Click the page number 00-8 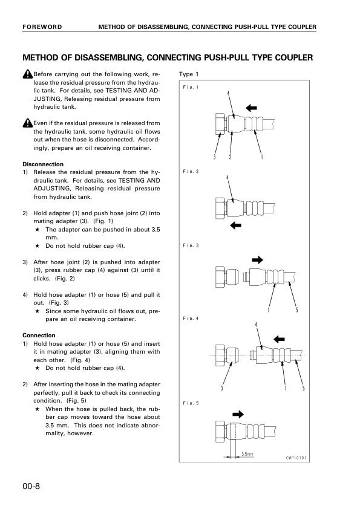click(x=31, y=486)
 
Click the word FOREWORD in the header click(x=42, y=27)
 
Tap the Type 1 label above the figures click(x=188, y=74)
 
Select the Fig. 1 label click(x=191, y=87)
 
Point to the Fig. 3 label click(x=191, y=245)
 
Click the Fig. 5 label click(x=191, y=403)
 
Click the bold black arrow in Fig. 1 click(x=251, y=108)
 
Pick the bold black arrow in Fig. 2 click(x=235, y=225)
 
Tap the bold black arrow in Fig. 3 click(x=257, y=259)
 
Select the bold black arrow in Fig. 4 click(x=279, y=340)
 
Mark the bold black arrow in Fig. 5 click(x=238, y=414)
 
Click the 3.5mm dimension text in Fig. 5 click(x=247, y=454)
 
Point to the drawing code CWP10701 click(x=296, y=458)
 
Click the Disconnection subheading click(x=43, y=164)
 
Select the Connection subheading click(x=39, y=336)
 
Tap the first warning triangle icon click(x=28, y=74)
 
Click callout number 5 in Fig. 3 click(x=296, y=310)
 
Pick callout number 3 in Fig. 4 click(x=221, y=388)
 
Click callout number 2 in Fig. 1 click(x=230, y=157)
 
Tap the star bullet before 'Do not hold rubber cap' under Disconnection click(x=38, y=246)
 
